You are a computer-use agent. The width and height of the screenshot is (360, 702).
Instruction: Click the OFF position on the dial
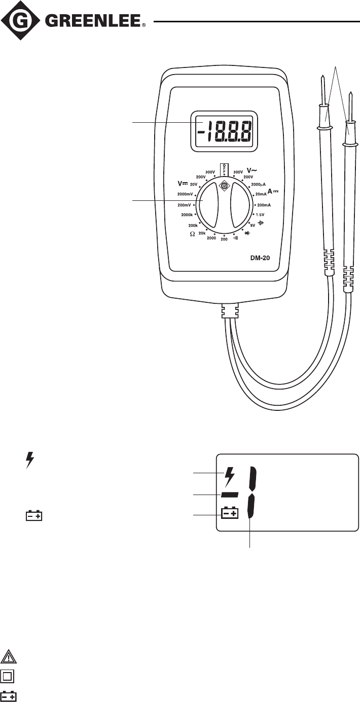click(224, 169)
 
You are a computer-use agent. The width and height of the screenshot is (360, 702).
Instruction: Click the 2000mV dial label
click(186, 194)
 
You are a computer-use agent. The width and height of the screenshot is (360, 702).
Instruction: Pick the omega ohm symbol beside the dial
click(192, 234)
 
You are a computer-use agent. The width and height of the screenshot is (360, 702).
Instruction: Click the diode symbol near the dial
click(248, 232)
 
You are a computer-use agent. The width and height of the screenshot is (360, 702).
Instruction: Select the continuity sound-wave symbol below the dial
click(235, 237)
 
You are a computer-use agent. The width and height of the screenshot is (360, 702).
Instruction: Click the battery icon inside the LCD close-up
click(230, 514)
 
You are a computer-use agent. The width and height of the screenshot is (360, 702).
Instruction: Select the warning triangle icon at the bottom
click(9, 656)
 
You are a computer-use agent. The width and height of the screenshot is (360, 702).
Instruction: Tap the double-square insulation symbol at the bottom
click(9, 676)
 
